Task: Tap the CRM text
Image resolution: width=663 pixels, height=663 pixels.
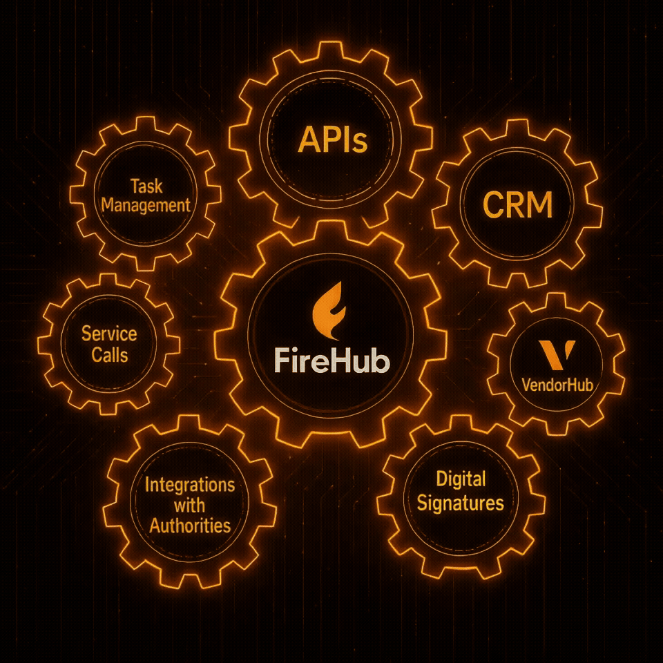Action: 518,206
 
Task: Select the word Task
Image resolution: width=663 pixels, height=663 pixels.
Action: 146,186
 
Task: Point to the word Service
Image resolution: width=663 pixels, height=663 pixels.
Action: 109,334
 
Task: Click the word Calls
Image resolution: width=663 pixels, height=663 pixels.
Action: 109,354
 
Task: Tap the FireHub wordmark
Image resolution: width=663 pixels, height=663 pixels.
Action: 331,361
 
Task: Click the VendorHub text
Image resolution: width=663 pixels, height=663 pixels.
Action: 557,385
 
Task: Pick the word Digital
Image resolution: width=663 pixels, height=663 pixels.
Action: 461,479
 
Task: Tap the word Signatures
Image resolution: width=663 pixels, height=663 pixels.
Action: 461,502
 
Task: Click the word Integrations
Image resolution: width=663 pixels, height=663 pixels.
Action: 189,485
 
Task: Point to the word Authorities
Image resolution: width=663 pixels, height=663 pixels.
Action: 189,525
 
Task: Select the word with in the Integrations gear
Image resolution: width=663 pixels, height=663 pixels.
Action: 189,505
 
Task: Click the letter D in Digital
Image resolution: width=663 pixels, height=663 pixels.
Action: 442,479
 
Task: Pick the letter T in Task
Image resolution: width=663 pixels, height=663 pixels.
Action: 134,186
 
